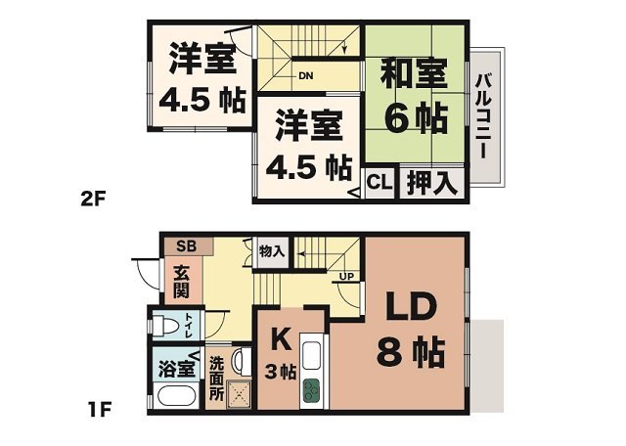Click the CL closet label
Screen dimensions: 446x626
click(x=379, y=183)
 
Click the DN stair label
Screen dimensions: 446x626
click(x=305, y=74)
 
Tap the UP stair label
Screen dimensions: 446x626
click(x=346, y=276)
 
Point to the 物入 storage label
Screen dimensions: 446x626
click(x=272, y=251)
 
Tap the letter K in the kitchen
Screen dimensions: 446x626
click(x=279, y=339)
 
